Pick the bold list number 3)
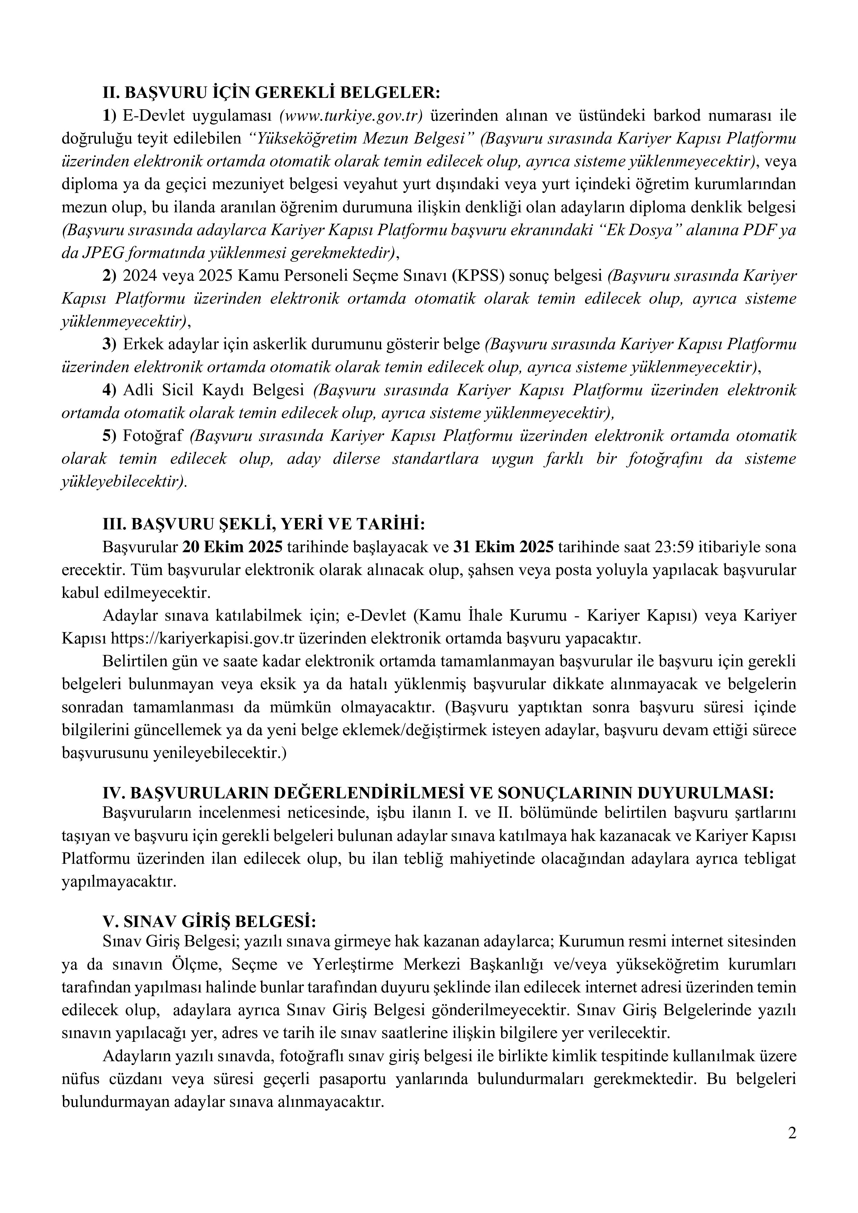point(109,344)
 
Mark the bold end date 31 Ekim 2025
point(504,547)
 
